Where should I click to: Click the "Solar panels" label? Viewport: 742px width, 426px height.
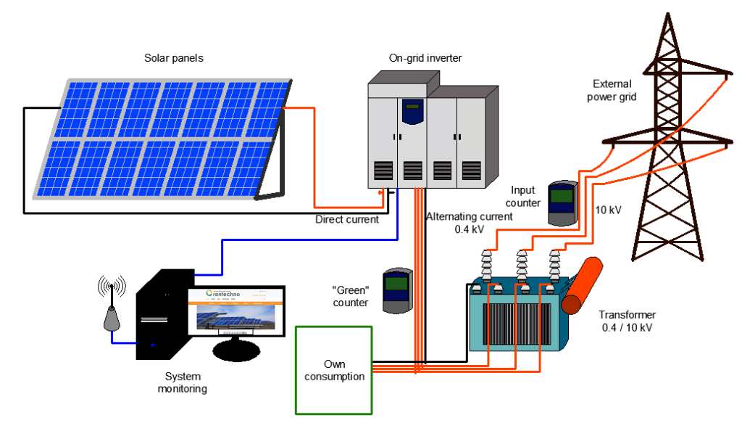pos(173,57)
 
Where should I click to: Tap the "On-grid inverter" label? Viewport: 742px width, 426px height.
pos(425,57)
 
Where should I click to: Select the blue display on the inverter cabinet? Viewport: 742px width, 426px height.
pos(412,112)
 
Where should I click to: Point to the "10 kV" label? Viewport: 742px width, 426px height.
pos(609,210)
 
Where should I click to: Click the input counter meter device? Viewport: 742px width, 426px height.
pos(561,202)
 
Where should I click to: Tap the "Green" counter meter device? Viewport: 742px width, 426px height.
pos(397,290)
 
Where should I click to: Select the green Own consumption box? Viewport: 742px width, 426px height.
pos(333,370)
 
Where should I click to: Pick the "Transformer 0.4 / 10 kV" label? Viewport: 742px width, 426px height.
pos(628,321)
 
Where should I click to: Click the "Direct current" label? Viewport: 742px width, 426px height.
pos(347,218)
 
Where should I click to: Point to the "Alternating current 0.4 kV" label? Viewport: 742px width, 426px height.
pos(469,223)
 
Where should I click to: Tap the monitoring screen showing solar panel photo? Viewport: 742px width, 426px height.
pos(235,311)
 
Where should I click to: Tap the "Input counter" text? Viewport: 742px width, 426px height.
pos(522,196)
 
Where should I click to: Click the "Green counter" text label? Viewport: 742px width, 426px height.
pos(351,295)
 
